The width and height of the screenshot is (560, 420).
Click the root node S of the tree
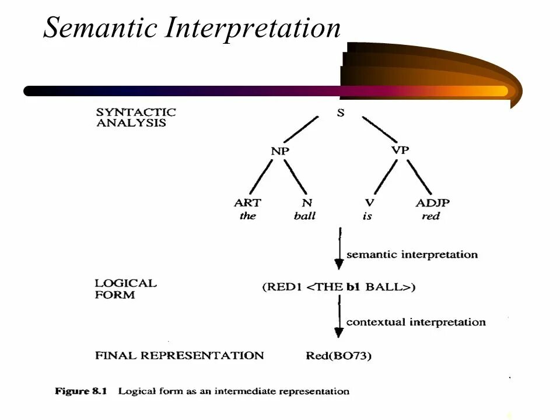[341, 113]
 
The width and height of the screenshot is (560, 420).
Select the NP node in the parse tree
[280, 151]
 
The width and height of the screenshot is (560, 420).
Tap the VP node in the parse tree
[400, 150]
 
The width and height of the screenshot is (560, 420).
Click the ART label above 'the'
[247, 203]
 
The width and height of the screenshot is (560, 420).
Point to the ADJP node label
[432, 203]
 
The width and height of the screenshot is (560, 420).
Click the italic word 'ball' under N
[304, 216]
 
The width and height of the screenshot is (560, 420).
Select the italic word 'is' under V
[367, 216]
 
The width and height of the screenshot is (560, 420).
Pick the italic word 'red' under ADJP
[430, 216]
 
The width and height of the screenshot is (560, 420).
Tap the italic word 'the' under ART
[247, 216]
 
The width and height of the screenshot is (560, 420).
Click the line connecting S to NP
[301, 129]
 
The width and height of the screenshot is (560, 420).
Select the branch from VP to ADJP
[419, 177]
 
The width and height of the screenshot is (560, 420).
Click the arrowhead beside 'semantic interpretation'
[339, 265]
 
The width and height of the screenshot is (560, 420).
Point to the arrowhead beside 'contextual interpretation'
[338, 332]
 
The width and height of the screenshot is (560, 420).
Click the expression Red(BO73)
[338, 356]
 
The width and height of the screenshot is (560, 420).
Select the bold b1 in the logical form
[353, 287]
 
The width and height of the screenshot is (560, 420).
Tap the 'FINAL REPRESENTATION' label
[179, 356]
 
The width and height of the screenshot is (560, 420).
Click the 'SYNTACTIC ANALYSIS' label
[136, 117]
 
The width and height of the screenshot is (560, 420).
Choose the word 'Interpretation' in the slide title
[253, 29]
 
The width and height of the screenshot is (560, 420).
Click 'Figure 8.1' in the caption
[80, 391]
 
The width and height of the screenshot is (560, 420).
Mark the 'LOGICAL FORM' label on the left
[126, 289]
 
